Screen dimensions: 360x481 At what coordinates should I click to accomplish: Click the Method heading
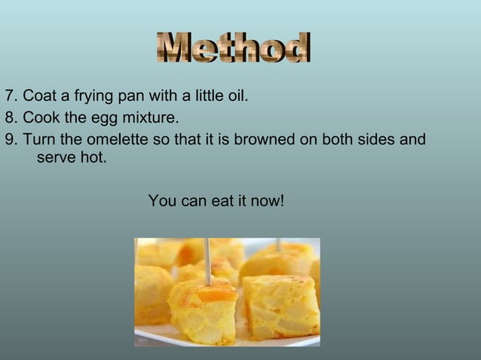pyautogui.click(x=234, y=49)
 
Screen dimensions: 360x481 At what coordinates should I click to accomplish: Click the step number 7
pyautogui.click(x=9, y=97)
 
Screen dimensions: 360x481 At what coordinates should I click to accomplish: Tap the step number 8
pyautogui.click(x=9, y=119)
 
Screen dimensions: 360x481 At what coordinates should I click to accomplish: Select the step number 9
pyautogui.click(x=9, y=140)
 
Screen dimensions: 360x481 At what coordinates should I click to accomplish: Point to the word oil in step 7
pyautogui.click(x=237, y=97)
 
